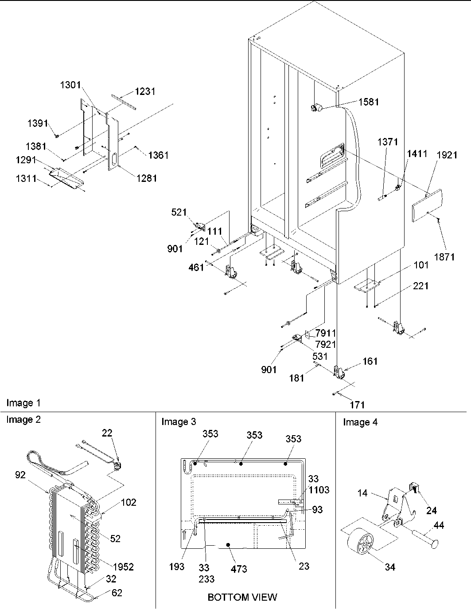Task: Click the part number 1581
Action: pos(369,102)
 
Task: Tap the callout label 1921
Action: pos(447,155)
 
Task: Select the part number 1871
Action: pos(444,257)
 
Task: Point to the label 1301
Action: pos(71,86)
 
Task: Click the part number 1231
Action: pos(145,91)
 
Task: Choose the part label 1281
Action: pos(147,178)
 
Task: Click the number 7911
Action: pos(325,333)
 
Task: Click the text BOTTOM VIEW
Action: pos(242,597)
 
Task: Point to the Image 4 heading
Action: pos(360,422)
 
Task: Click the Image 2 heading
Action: pos(23,420)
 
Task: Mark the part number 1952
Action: pos(123,567)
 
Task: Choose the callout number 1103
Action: pos(319,490)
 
